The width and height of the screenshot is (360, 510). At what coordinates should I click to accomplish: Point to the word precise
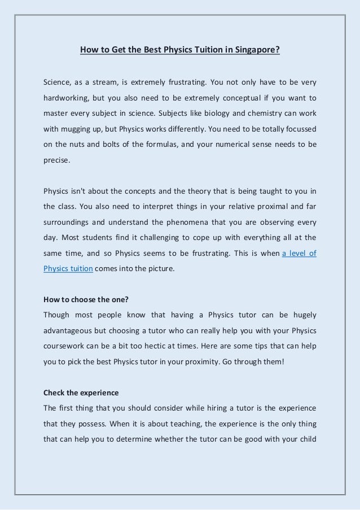pos(57,160)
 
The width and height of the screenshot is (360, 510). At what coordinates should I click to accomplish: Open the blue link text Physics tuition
pos(68,269)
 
